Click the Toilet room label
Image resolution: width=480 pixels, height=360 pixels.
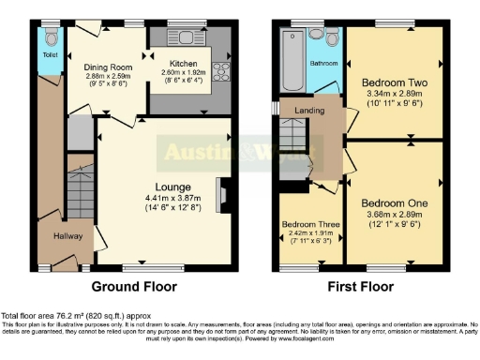click(49, 55)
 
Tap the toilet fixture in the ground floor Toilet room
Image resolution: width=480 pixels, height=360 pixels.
click(51, 37)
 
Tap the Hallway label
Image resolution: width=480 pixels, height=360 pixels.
click(67, 236)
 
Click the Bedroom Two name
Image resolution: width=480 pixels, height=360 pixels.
click(394, 82)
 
